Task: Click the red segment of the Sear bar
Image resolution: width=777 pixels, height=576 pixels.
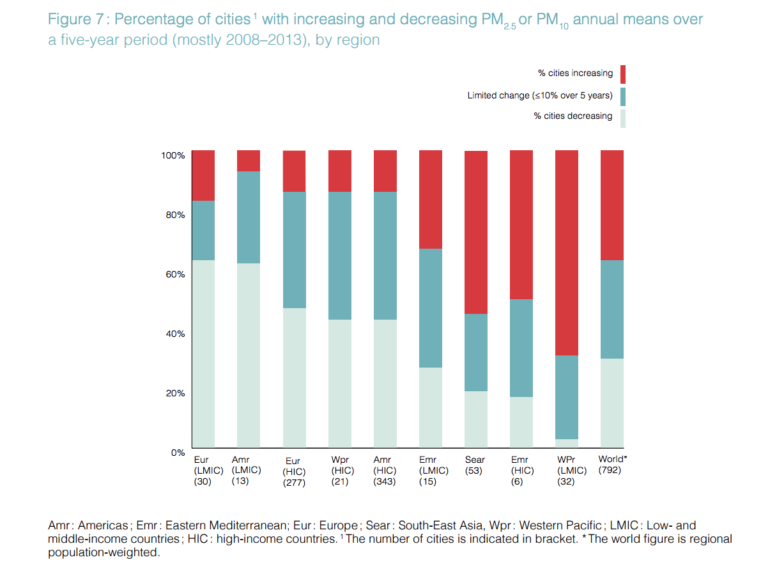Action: [475, 232]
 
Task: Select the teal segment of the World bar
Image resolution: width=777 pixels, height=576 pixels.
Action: [612, 309]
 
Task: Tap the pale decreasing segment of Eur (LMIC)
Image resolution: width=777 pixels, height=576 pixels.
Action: [204, 354]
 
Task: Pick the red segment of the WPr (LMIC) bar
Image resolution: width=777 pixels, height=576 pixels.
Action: [567, 253]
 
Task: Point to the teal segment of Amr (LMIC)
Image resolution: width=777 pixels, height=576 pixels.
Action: [249, 217]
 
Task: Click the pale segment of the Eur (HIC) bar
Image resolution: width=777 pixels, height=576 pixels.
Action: [294, 377]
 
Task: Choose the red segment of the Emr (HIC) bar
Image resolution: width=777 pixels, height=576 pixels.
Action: [521, 224]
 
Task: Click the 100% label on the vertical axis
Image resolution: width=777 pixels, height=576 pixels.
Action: [173, 155]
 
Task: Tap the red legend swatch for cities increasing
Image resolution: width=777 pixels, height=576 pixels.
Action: [623, 74]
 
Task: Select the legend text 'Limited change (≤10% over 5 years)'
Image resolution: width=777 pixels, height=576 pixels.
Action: [539, 96]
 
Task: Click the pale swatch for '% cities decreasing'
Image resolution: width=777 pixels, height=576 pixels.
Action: [623, 118]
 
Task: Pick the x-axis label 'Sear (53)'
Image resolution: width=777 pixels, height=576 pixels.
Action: [475, 465]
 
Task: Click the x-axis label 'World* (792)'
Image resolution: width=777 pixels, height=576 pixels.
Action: [612, 465]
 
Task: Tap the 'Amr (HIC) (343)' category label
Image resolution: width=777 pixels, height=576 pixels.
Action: [385, 471]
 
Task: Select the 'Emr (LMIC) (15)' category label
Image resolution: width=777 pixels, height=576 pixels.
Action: [428, 471]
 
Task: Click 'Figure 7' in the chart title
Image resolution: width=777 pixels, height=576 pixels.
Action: [75, 19]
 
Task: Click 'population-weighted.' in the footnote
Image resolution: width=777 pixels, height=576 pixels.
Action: [103, 553]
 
